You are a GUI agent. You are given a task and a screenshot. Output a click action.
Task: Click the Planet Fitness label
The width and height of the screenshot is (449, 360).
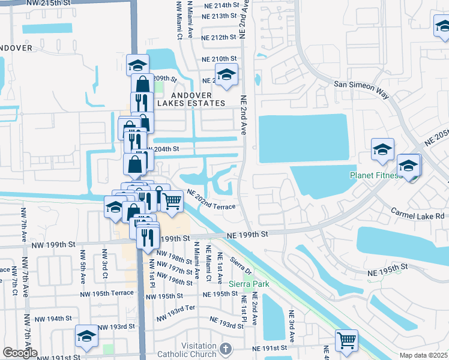point(376,176)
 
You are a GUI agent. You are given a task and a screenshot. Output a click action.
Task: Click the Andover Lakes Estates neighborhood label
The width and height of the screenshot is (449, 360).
point(191,99)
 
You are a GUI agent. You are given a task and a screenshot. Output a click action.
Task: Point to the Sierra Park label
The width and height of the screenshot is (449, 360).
point(249,283)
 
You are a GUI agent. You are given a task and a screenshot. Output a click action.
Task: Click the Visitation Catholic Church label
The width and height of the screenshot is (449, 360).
point(186,350)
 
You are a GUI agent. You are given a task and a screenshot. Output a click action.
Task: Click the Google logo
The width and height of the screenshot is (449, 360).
point(19,353)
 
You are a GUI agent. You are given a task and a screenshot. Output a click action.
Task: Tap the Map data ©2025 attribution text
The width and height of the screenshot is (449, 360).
point(423,355)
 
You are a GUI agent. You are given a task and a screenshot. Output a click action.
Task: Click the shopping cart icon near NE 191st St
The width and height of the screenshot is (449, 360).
point(346,341)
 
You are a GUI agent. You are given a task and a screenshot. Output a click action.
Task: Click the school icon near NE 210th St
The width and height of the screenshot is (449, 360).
point(226,75)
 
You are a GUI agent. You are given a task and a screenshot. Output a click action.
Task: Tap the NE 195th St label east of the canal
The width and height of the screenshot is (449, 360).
point(387,266)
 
